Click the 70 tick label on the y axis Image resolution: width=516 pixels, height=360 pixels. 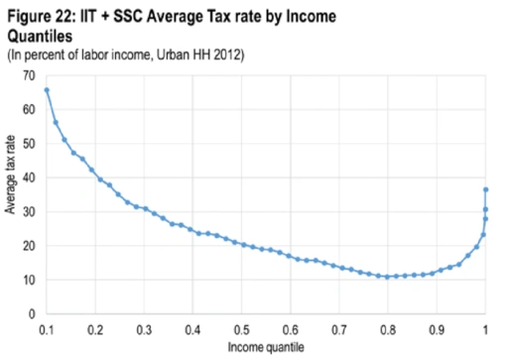(x=29, y=76)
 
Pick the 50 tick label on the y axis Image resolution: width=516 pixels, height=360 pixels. (x=29, y=144)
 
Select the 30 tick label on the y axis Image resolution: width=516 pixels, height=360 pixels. (x=29, y=212)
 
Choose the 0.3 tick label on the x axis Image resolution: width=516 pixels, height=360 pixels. (x=145, y=327)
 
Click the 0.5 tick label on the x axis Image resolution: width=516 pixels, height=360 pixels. (x=242, y=327)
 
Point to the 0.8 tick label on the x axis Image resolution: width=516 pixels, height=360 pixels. (x=388, y=327)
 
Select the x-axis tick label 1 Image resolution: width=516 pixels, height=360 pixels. (x=485, y=327)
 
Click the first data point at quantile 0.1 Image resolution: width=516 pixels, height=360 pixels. (x=47, y=90)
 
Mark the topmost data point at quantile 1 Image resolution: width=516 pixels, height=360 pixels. (x=485, y=189)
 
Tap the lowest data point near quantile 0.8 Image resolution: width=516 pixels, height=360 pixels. (x=388, y=277)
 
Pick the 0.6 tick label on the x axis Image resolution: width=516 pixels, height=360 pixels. (x=291, y=327)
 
